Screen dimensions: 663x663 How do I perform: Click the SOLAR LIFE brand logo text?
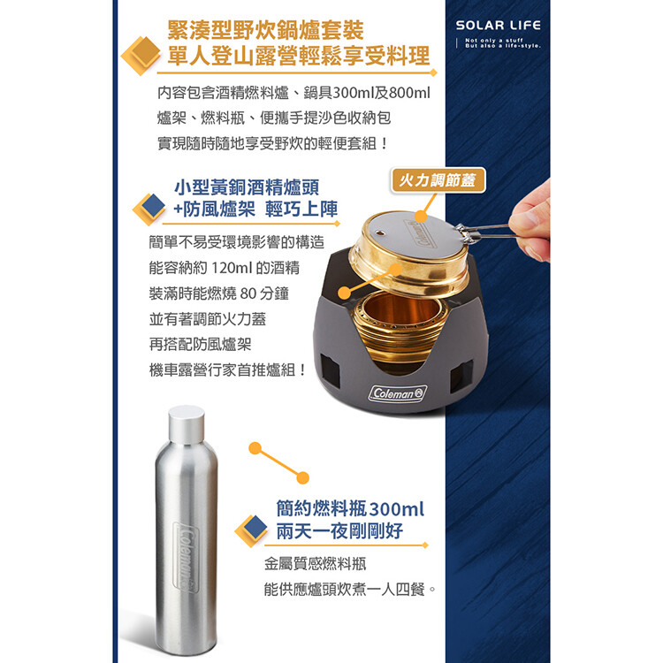498,26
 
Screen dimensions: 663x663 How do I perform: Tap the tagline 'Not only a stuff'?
494,40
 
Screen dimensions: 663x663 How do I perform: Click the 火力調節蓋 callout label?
438,180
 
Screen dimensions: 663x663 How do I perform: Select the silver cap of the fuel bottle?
186,424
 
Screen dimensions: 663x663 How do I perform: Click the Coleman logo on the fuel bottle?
187,557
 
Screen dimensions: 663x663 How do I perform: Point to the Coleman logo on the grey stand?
398,393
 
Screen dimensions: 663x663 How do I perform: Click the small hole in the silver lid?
380,233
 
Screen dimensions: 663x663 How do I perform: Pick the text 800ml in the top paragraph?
409,93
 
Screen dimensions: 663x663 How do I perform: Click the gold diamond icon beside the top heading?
143,54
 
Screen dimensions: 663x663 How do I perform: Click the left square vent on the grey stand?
330,370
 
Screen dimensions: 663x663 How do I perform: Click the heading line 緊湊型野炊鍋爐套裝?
265,29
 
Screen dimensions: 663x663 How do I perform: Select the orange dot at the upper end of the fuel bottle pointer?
255,448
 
